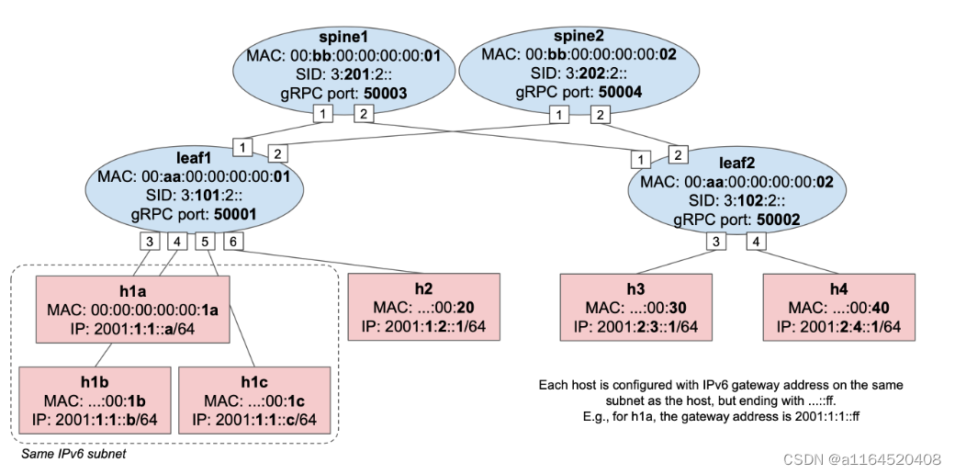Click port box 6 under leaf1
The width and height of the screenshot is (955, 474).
233,242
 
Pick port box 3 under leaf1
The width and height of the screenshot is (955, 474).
150,242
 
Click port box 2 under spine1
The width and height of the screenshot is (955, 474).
364,115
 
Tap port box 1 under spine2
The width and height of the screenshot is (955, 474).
557,115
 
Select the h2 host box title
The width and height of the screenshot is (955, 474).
424,287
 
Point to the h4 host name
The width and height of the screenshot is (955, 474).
839,287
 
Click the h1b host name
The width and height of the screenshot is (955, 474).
95,379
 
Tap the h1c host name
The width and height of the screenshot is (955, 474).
253,379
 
